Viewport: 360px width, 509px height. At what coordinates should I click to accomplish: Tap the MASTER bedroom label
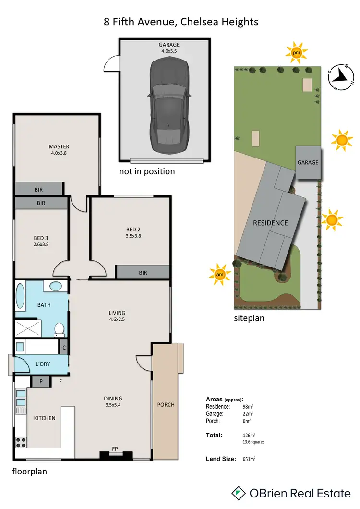59,146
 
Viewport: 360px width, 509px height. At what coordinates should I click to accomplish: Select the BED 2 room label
130,229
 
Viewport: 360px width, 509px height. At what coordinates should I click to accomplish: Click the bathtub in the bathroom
20,296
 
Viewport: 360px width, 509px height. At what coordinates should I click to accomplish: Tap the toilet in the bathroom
60,329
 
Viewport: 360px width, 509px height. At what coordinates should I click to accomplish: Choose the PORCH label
166,404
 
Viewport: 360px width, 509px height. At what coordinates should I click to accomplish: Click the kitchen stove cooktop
21,441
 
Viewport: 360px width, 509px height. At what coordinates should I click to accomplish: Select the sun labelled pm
296,52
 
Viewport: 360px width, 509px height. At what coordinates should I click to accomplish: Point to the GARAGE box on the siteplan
308,163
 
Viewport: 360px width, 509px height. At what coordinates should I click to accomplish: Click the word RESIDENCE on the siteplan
271,223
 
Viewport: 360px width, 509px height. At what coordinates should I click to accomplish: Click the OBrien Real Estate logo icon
239,493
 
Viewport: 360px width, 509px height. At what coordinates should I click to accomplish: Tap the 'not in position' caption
147,171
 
